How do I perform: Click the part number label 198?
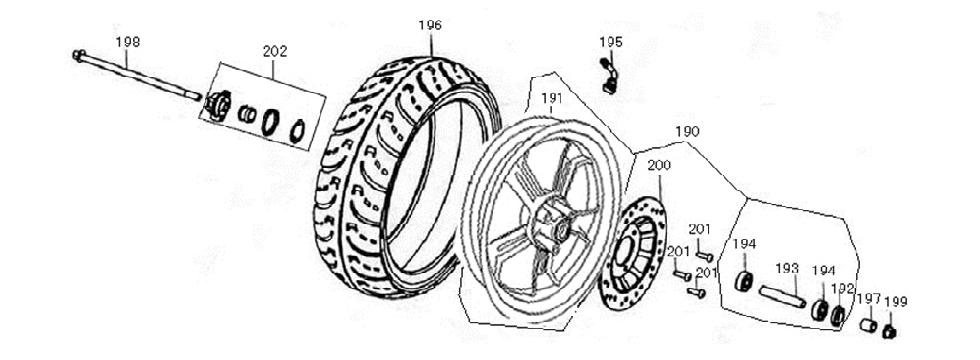pyautogui.click(x=127, y=42)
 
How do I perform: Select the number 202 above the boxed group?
pyautogui.click(x=275, y=50)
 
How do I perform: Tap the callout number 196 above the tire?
pyautogui.click(x=430, y=25)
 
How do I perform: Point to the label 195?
pyautogui.click(x=610, y=42)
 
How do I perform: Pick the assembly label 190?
pyautogui.click(x=687, y=131)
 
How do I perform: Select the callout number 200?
pyautogui.click(x=660, y=165)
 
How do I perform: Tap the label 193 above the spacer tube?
pyautogui.click(x=787, y=268)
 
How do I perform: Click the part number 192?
pyautogui.click(x=843, y=289)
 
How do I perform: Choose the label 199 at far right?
pyautogui.click(x=896, y=301)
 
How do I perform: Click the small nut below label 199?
pyautogui.click(x=895, y=331)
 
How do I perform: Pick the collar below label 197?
pyautogui.click(x=869, y=326)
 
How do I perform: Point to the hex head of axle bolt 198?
pyautogui.click(x=77, y=54)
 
